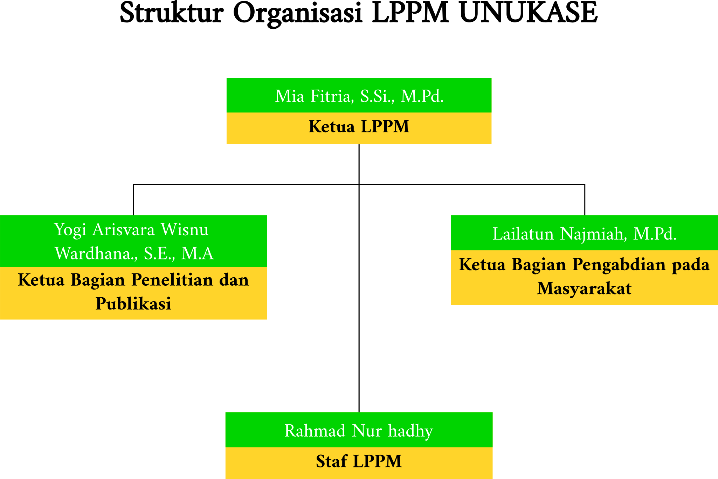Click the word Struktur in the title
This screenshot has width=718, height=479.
pos(172,13)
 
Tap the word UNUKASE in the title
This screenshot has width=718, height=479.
pos(528,13)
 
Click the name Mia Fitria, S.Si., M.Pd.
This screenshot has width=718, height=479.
pos(359,96)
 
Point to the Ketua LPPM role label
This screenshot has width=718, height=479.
pos(359,127)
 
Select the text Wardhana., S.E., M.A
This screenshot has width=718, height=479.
pos(134,254)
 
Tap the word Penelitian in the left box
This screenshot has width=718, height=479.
pos(172,280)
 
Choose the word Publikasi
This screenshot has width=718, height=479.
pos(133,304)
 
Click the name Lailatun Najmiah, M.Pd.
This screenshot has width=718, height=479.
pos(584,234)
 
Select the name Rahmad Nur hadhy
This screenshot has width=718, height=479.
pos(359,431)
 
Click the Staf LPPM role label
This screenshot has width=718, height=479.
pos(359,461)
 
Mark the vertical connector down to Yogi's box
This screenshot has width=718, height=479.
pos(133,200)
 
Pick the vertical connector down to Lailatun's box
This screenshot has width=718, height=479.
pos(585,200)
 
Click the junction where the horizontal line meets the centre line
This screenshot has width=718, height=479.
pos(359,185)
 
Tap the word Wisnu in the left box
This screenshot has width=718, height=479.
pos(185,230)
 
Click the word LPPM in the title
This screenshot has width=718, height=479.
pos(410,13)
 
